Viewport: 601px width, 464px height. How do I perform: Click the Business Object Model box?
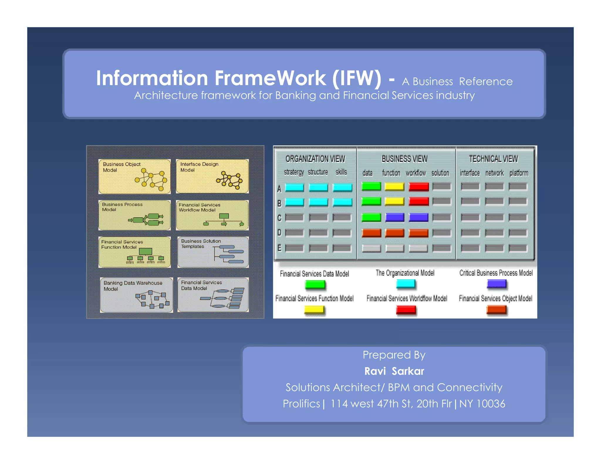coord(134,176)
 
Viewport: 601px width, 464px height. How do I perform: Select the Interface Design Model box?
coord(212,176)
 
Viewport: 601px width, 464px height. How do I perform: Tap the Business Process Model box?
coord(134,215)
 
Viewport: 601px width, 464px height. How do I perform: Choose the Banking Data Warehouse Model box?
coord(136,295)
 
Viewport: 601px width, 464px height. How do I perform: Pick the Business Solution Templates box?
coord(213,252)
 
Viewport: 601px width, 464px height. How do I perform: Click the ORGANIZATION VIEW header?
coord(315,159)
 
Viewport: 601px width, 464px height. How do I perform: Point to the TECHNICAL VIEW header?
coord(493,159)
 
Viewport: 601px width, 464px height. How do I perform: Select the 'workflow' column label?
coord(416,173)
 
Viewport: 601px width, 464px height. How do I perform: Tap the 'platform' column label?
coord(519,173)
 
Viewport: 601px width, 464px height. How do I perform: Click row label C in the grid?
coord(279,218)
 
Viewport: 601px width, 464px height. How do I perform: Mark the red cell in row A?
coord(418,187)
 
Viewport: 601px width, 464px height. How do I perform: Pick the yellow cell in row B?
coord(394,201)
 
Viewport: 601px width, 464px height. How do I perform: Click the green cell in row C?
coord(371,217)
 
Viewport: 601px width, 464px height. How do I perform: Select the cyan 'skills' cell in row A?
coord(342,187)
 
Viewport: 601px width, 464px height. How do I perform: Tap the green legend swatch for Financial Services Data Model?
coord(315,285)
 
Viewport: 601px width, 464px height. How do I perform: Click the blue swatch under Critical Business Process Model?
coord(497,284)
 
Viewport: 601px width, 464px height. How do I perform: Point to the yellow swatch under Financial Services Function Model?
coord(314,310)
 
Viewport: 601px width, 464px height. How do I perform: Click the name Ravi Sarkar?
coord(394,371)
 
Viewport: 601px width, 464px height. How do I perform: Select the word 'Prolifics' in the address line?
coord(301,404)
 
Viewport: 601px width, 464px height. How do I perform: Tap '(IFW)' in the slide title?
coord(357,78)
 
